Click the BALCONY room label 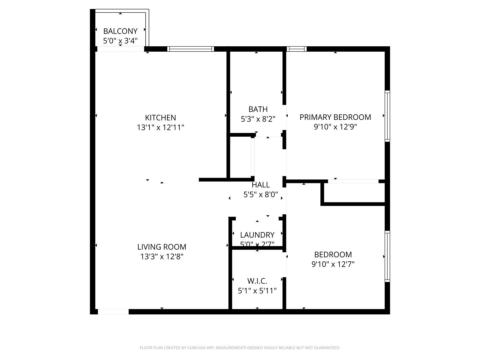(x=120, y=31)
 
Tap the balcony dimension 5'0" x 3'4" (x=120, y=41)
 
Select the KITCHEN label (x=160, y=118)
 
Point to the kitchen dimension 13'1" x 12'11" (x=160, y=127)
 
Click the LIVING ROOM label (x=162, y=247)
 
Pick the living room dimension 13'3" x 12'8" (x=162, y=257)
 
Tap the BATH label (x=258, y=109)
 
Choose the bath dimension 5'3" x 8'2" (x=258, y=119)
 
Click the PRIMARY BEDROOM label (x=335, y=117)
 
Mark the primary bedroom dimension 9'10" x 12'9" (x=335, y=127)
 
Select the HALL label (x=261, y=185)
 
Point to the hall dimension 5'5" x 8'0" (x=261, y=195)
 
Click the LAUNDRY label (x=257, y=235)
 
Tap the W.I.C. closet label (x=257, y=281)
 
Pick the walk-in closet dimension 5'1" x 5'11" (x=257, y=291)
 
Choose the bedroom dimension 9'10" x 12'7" (x=333, y=264)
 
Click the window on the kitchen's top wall (x=191, y=49)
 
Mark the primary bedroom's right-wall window (x=387, y=116)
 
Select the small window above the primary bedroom (x=296, y=49)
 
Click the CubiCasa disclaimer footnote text (x=240, y=348)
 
